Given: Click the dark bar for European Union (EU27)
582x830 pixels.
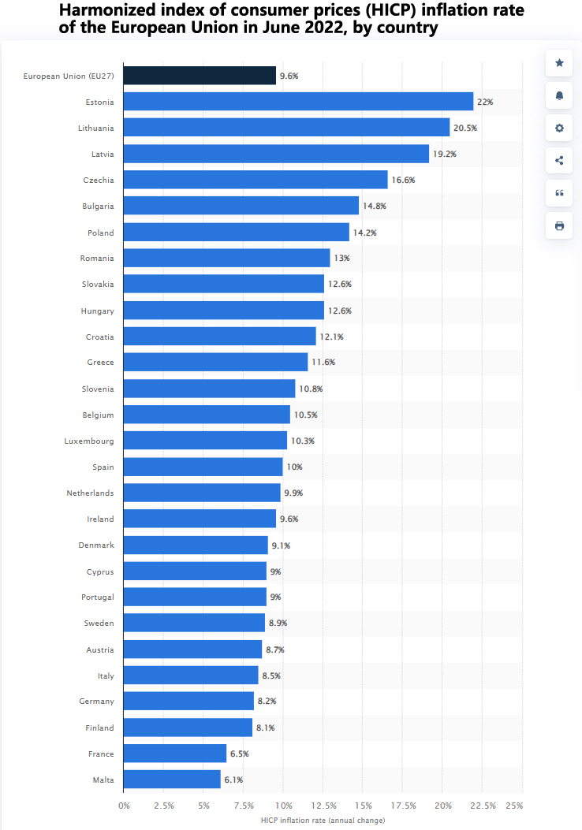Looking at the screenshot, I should [x=200, y=76].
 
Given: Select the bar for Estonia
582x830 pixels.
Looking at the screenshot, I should [x=298, y=102].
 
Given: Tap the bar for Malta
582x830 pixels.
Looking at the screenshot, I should [x=172, y=780].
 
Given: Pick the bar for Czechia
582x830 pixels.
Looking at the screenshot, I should [x=256, y=180].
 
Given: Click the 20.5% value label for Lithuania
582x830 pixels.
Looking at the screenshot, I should [x=465, y=128].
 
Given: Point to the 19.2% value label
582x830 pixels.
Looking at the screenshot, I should [x=445, y=154].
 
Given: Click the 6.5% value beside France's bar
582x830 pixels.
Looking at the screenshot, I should [x=239, y=754].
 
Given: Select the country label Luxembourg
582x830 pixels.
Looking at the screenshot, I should [x=89, y=441].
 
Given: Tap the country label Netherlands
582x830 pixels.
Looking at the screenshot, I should [x=90, y=493].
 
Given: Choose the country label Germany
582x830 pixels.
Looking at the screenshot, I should [x=96, y=702].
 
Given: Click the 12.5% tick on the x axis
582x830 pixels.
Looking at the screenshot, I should [x=324, y=806].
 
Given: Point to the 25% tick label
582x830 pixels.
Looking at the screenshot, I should [x=514, y=806].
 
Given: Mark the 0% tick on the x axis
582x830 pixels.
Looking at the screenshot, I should [x=124, y=806].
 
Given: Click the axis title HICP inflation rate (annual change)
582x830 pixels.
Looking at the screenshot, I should [x=323, y=821].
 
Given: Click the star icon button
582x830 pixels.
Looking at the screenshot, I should [x=559, y=63].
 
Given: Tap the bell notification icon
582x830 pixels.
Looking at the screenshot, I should [x=559, y=95].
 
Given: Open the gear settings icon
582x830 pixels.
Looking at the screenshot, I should [x=559, y=128].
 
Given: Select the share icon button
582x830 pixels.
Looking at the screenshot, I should [x=559, y=161].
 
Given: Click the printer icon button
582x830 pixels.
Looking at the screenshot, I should [x=559, y=225].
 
